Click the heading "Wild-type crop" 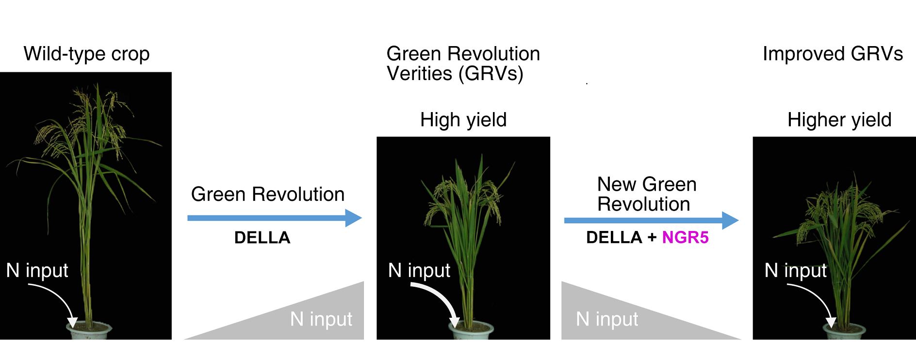click(x=86, y=54)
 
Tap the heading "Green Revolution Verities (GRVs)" click(x=463, y=64)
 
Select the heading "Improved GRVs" click(x=833, y=54)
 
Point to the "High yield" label click(x=463, y=120)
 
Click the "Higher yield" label click(x=839, y=120)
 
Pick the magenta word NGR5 click(x=685, y=237)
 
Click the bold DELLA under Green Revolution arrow click(x=262, y=238)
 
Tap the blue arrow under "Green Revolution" click(x=274, y=218)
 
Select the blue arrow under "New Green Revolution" click(x=651, y=220)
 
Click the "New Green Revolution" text click(x=646, y=194)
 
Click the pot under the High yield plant click(x=471, y=331)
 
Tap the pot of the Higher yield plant click(x=844, y=332)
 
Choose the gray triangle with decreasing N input click(x=611, y=318)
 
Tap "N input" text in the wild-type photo click(x=37, y=270)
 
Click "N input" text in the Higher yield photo click(x=796, y=270)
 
